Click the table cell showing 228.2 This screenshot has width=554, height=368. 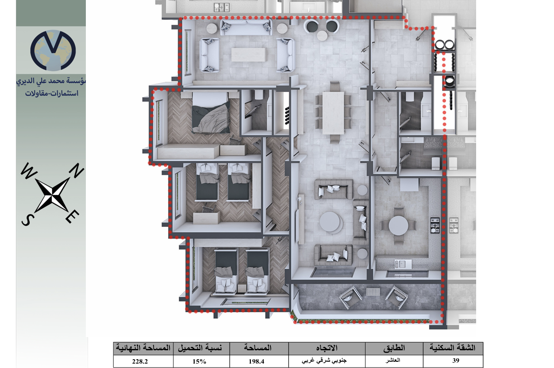pyautogui.click(x=140, y=361)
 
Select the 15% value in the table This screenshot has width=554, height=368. pyautogui.click(x=199, y=361)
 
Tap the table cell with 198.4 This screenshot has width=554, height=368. pyautogui.click(x=257, y=361)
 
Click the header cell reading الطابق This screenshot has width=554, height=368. pyautogui.click(x=394, y=348)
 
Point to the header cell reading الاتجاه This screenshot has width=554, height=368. pyautogui.click(x=327, y=348)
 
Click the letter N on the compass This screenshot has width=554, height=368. pyautogui.click(x=77, y=170)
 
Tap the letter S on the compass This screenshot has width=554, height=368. pyautogui.click(x=27, y=220)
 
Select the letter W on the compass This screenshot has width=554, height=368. pyautogui.click(x=28, y=170)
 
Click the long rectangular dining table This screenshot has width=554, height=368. pyautogui.click(x=333, y=113)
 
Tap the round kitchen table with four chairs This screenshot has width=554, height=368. pyautogui.click(x=398, y=226)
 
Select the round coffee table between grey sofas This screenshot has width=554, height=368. pyautogui.click(x=330, y=222)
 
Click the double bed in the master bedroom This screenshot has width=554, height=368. pyautogui.click(x=211, y=112)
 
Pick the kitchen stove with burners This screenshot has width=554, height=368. pyautogui.click(x=435, y=225)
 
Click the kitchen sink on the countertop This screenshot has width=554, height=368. pyautogui.click(x=403, y=264)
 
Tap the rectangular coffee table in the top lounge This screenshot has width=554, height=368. pyautogui.click(x=248, y=54)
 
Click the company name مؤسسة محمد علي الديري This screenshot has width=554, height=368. pyautogui.click(x=51, y=81)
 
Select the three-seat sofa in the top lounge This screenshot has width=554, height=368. pyautogui.click(x=246, y=27)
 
